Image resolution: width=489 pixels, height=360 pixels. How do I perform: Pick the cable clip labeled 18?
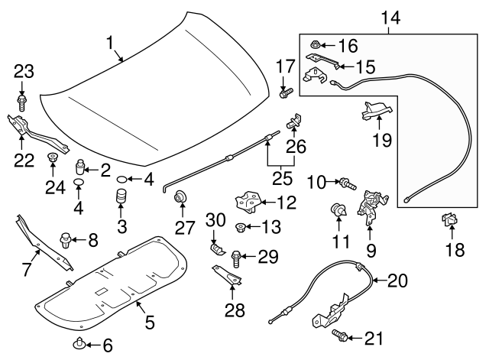[x=449, y=222]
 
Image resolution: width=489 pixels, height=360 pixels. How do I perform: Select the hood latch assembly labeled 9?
[x=371, y=205]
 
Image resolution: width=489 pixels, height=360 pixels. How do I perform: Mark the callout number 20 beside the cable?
[x=397, y=281]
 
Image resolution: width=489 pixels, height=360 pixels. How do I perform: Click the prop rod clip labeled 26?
[x=294, y=120]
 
